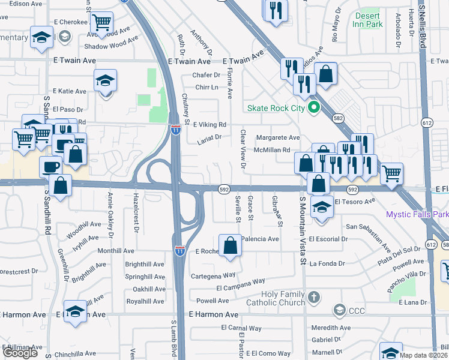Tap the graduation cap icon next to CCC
(339, 310)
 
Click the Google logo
(20, 353)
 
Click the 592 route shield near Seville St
(223, 188)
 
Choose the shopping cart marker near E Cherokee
(102, 23)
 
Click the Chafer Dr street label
(206, 75)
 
